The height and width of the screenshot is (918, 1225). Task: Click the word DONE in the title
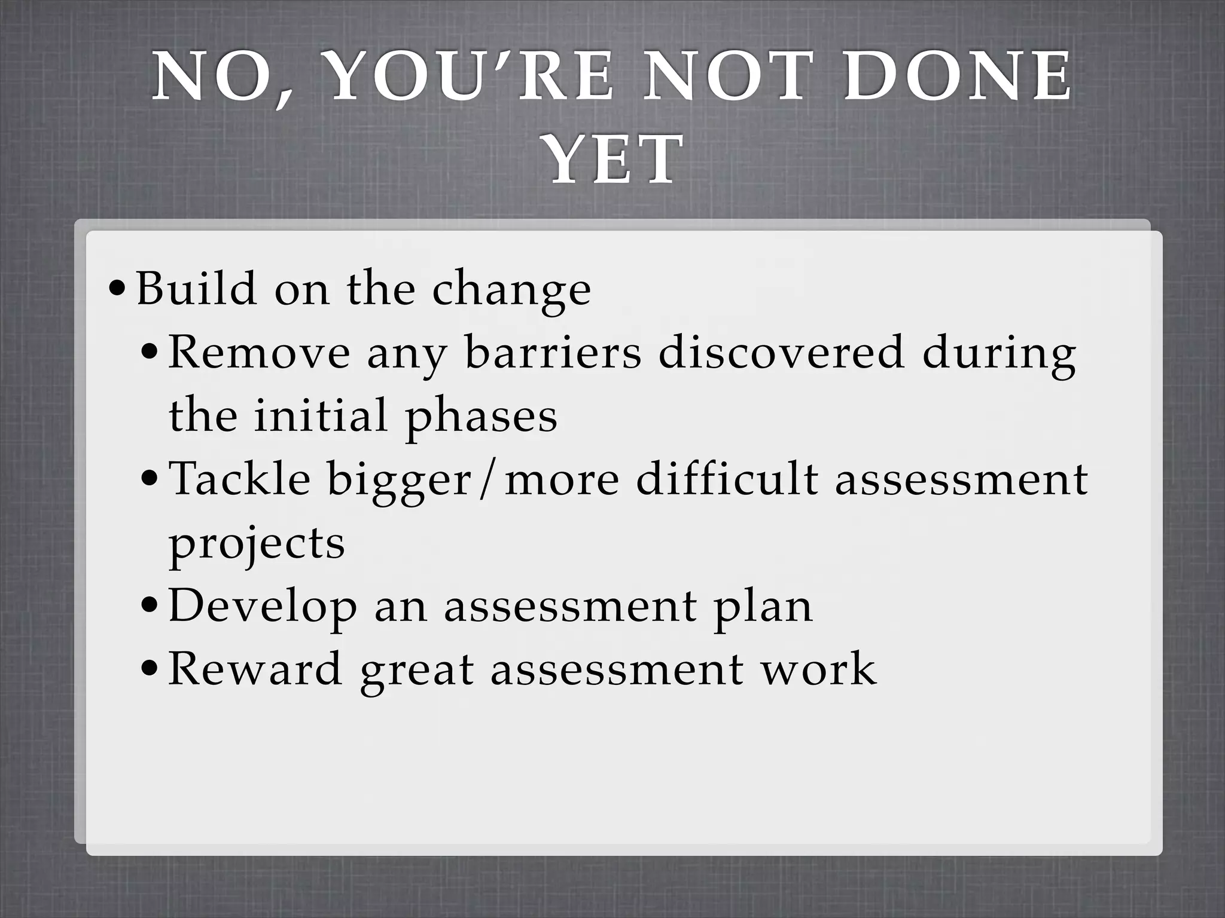958,77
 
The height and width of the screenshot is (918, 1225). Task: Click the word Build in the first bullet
197,289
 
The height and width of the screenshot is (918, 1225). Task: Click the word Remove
259,353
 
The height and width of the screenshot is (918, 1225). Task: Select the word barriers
553,353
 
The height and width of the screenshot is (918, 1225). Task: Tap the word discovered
781,353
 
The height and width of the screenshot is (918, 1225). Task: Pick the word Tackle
240,479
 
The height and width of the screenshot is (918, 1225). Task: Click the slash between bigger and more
489,481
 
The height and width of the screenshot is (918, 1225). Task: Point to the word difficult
727,479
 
